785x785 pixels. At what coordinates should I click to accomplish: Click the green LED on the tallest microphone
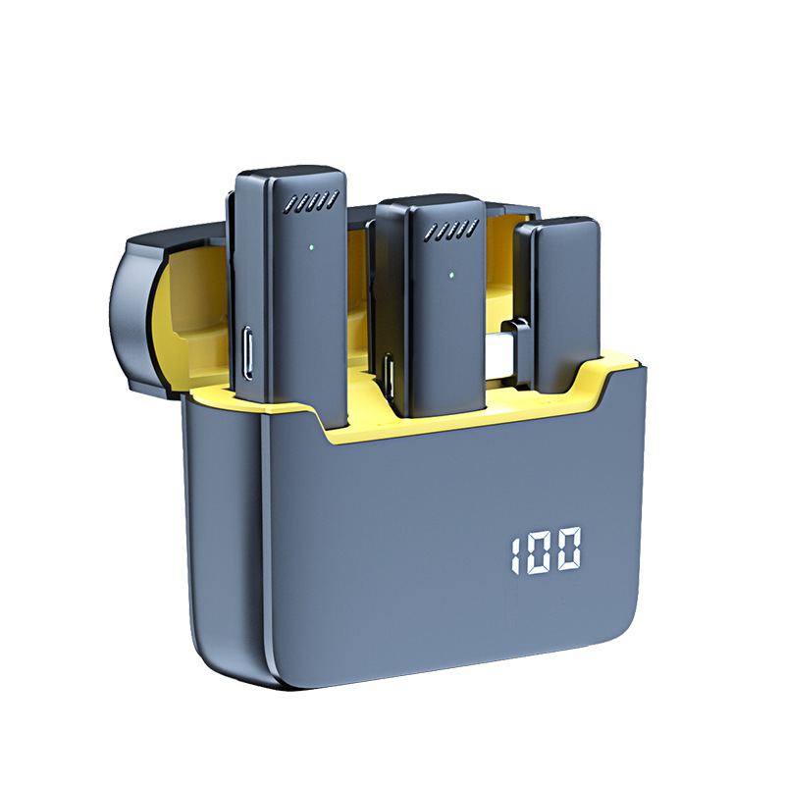311,247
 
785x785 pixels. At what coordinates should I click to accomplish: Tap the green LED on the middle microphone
451,275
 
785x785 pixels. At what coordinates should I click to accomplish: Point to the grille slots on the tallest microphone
311,201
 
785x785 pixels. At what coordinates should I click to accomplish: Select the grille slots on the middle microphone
451,229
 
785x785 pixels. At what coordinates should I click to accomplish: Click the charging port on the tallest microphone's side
248,352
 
